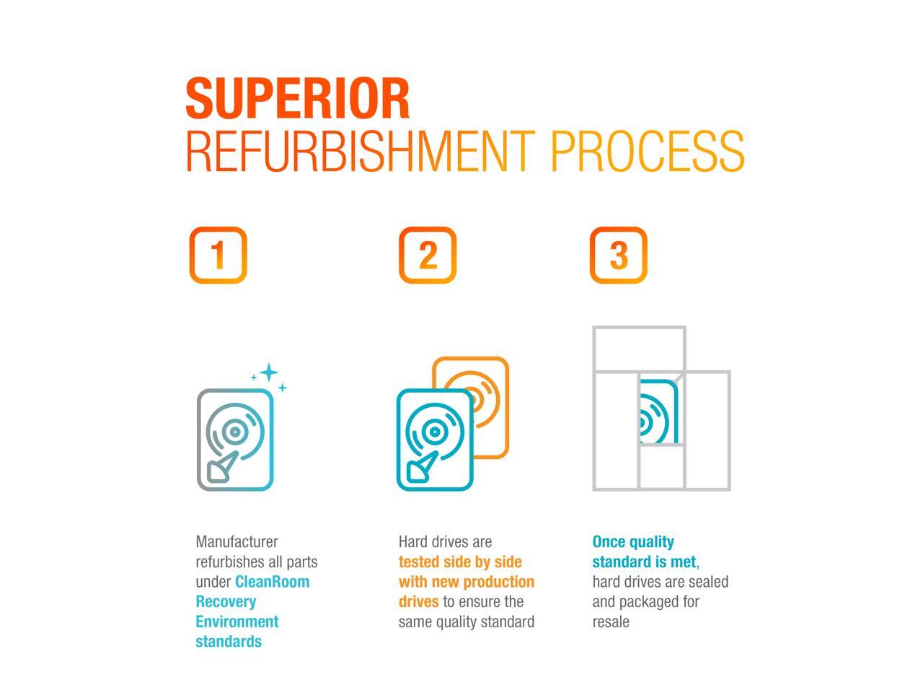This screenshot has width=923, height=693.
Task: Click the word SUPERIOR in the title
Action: click(298, 98)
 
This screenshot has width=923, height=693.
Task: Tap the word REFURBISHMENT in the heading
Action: click(361, 151)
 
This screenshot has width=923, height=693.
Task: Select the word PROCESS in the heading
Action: click(648, 151)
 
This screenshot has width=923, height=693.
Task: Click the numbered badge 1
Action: click(218, 255)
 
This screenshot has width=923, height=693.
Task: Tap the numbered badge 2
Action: click(427, 255)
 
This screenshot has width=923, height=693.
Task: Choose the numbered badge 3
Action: click(618, 255)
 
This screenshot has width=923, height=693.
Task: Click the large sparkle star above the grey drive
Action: click(269, 372)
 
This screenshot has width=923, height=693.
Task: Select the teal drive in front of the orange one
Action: click(435, 440)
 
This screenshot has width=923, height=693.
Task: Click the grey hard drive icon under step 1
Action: click(235, 440)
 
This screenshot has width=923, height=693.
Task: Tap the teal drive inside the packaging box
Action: click(658, 411)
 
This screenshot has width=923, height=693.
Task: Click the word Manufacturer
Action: click(237, 542)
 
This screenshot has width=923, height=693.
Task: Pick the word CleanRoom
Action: click(272, 582)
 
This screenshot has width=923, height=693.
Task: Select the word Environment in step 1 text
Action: click(237, 622)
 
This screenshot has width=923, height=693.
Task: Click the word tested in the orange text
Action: click(418, 562)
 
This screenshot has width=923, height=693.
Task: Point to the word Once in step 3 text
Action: click(608, 542)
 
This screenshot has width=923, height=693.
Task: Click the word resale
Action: click(611, 622)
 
